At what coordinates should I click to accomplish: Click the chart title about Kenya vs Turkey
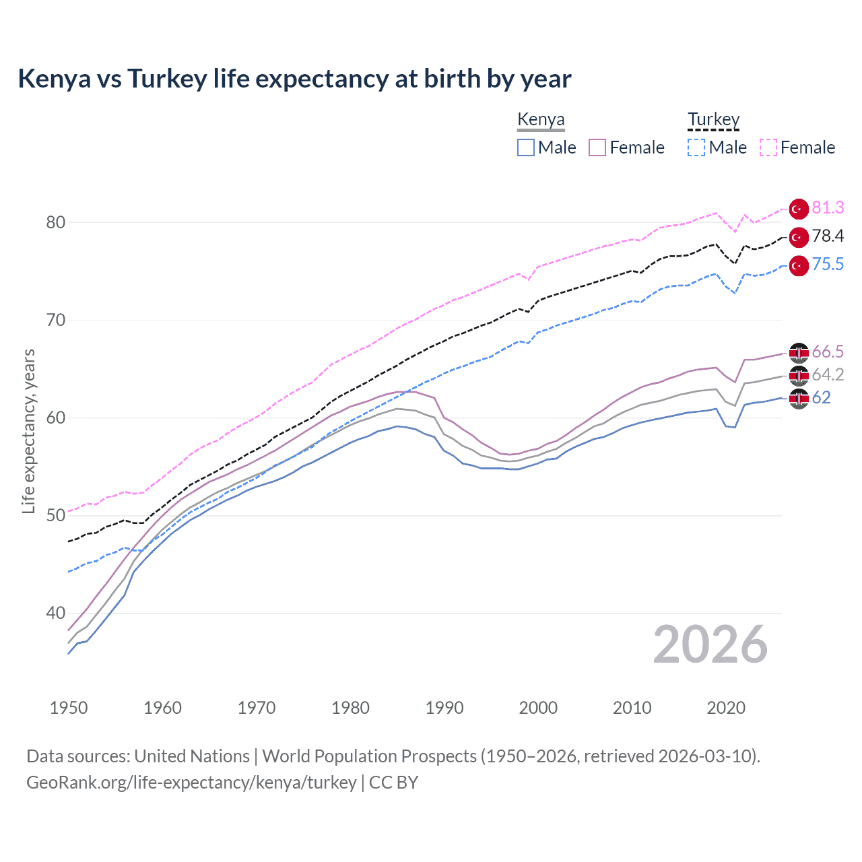click(x=294, y=79)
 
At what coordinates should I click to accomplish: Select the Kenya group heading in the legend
click(x=541, y=119)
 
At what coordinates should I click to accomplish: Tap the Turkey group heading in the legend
click(x=713, y=119)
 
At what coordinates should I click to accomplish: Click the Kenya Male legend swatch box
click(x=526, y=147)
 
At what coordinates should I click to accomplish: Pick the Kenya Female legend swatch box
click(x=597, y=147)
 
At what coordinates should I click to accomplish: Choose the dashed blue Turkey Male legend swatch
click(x=696, y=147)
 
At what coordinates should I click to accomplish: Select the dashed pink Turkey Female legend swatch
click(x=768, y=147)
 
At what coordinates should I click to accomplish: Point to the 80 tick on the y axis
click(x=56, y=222)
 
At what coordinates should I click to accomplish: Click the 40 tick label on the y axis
click(x=56, y=613)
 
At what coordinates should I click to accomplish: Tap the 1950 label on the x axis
click(x=69, y=708)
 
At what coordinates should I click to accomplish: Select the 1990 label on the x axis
click(x=444, y=708)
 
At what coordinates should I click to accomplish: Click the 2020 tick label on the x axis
click(x=726, y=708)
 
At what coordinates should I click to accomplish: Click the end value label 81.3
click(x=828, y=208)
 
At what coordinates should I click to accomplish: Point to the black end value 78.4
click(x=828, y=236)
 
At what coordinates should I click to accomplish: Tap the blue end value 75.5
click(x=828, y=265)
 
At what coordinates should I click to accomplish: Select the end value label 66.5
click(x=828, y=352)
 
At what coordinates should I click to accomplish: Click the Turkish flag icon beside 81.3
click(x=799, y=209)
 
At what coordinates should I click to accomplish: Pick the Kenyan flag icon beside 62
click(x=799, y=399)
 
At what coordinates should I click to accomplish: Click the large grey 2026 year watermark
click(x=710, y=644)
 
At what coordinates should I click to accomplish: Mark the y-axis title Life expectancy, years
click(x=28, y=431)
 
